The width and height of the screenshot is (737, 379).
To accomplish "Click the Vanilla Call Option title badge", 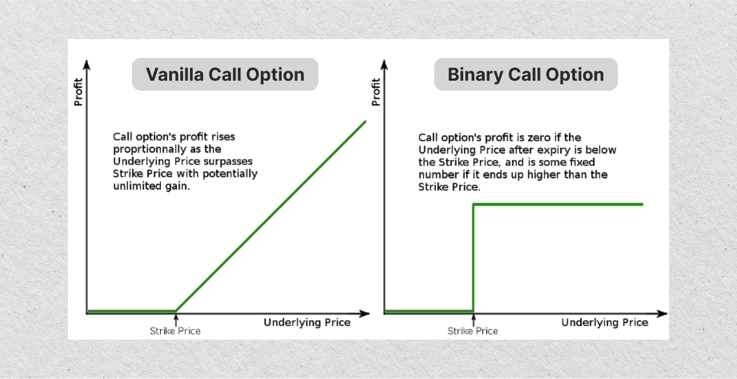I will [225, 75].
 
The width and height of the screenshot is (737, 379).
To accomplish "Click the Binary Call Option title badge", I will [525, 75].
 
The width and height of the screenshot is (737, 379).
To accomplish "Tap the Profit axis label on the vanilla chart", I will [78, 92].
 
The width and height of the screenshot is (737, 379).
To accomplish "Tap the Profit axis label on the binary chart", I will [376, 92].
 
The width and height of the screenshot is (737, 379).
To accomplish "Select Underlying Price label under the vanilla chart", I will [307, 323].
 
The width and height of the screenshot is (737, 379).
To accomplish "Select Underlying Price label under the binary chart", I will [605, 323].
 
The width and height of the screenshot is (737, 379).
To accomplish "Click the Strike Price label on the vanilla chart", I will [175, 331].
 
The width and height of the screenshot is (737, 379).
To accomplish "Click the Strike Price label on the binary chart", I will [473, 331].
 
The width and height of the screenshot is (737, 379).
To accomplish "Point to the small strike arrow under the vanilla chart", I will [176, 319].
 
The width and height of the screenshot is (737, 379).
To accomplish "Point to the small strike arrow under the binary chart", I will [473, 319].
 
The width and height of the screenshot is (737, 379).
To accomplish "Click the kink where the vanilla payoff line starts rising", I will [176, 311].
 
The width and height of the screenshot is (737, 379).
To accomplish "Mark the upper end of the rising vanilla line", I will [365, 121].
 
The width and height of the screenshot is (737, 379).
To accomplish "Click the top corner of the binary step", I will [473, 204].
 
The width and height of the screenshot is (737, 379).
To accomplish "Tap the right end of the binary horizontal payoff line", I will [642, 204].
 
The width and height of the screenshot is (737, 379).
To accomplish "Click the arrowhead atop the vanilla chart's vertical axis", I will [86, 62].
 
